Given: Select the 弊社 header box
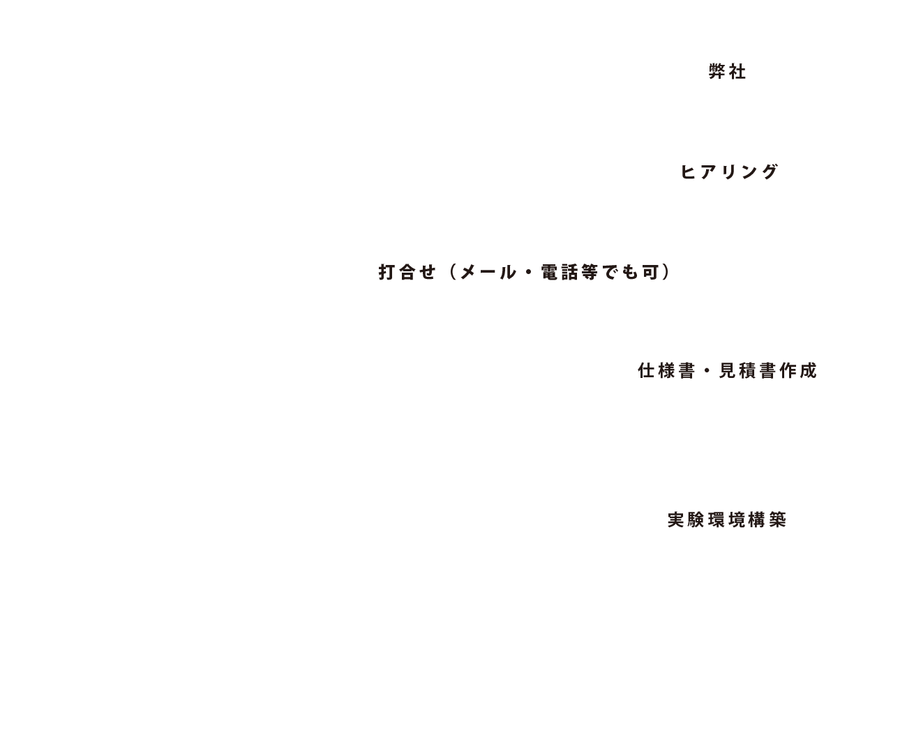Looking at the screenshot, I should [728, 73].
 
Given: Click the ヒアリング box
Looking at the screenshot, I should [728, 172].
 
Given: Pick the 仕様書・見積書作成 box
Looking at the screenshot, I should [728, 371].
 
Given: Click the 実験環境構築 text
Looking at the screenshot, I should [727, 520].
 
